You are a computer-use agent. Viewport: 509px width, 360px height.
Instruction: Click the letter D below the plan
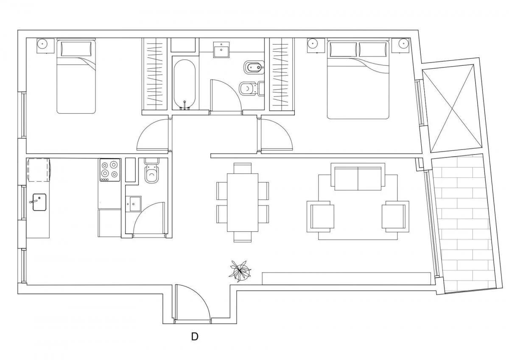point(195,337)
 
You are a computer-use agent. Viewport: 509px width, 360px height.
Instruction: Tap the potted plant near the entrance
point(240,272)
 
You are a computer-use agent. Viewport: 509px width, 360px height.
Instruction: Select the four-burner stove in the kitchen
point(109,170)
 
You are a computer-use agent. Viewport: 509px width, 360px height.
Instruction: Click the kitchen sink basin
point(39,202)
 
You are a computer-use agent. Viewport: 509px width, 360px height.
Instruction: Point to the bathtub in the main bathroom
point(185,84)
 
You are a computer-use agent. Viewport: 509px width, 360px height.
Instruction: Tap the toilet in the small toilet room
point(152,171)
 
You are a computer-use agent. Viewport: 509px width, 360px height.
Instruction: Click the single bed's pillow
point(76,49)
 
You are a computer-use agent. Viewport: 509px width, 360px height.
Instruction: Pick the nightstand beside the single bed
point(45,46)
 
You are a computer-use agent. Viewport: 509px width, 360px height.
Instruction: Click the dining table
point(243,202)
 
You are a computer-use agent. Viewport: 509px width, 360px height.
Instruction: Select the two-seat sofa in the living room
point(358,177)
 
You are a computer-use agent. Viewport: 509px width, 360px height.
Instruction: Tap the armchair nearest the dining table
point(320,216)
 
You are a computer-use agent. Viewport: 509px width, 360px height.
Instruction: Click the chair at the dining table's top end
point(243,168)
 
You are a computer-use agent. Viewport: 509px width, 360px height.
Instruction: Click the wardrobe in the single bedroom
point(154,74)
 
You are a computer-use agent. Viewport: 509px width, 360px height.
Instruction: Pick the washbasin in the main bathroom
point(221,49)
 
